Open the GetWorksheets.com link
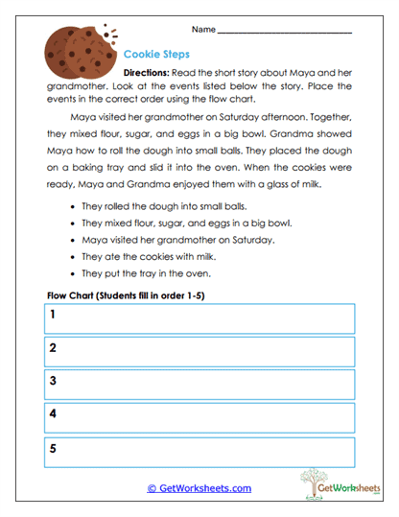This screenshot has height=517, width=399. pyautogui.click(x=199, y=488)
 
